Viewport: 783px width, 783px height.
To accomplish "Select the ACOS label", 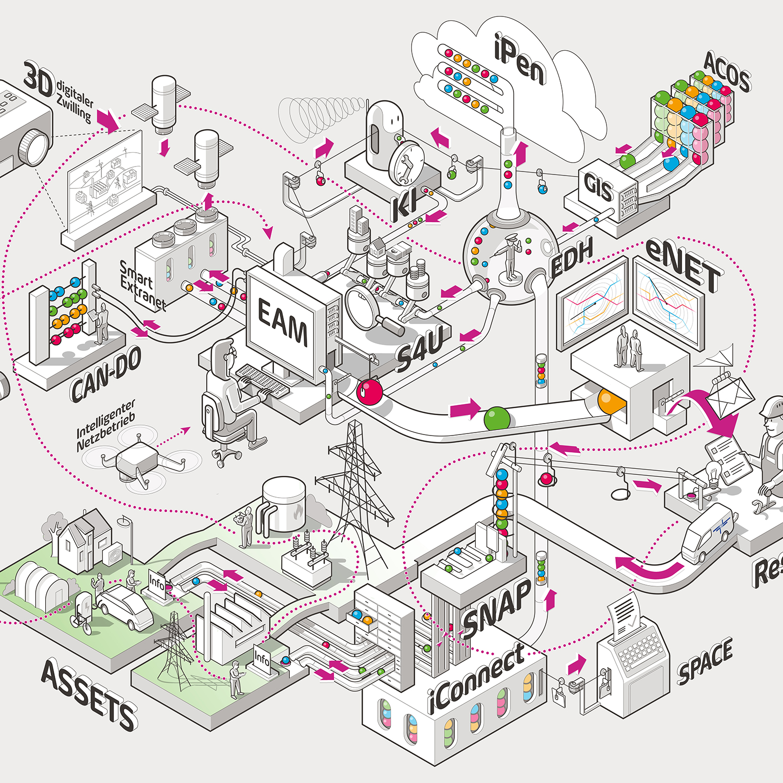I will tap(727, 73).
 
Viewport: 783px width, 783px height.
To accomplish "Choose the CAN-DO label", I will tap(105, 374).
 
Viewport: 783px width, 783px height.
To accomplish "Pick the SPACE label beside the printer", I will tap(705, 661).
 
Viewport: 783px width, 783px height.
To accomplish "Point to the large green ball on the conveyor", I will tap(497, 418).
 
